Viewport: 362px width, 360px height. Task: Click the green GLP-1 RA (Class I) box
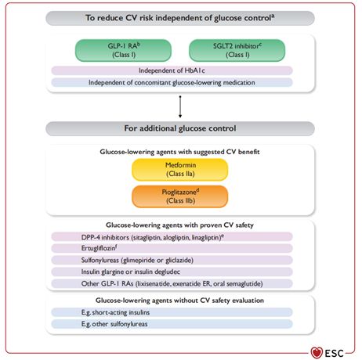(x=123, y=50)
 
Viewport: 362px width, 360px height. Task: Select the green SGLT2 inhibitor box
(x=237, y=50)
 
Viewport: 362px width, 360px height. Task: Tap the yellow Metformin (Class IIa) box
(x=180, y=170)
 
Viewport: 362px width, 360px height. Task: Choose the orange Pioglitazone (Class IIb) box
(x=180, y=196)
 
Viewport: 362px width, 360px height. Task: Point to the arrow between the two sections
(x=180, y=106)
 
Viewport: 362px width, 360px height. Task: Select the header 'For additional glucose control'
(x=180, y=128)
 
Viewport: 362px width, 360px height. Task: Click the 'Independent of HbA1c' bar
(x=172, y=70)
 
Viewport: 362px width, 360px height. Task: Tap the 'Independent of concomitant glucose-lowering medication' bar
(x=172, y=82)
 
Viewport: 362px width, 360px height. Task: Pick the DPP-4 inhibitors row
(x=172, y=237)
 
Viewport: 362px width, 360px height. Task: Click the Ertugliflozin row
(x=172, y=248)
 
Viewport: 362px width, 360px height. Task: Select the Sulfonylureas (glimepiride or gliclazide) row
(x=172, y=260)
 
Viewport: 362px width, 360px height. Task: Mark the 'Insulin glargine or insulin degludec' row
(x=172, y=272)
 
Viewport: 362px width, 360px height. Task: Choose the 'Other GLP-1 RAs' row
(x=172, y=283)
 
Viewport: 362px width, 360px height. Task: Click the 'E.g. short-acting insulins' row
(x=172, y=312)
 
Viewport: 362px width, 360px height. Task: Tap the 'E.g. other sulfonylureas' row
(x=172, y=324)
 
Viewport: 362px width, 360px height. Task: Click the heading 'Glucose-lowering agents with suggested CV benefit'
(x=179, y=152)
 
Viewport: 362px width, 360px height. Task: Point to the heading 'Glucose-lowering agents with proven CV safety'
(x=179, y=225)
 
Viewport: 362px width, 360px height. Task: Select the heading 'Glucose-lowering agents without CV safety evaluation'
(x=179, y=301)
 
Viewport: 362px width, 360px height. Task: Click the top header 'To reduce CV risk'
(x=180, y=18)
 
